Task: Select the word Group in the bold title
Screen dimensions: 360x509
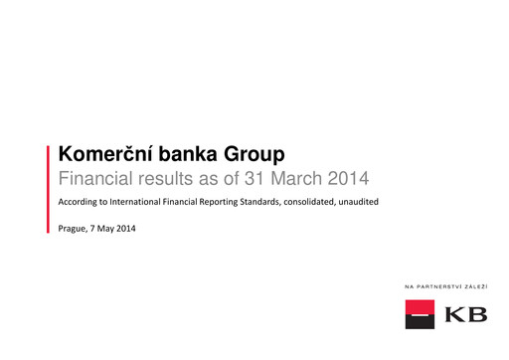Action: (x=256, y=154)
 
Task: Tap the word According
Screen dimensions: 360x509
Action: (x=81, y=203)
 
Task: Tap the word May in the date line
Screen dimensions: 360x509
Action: (x=111, y=229)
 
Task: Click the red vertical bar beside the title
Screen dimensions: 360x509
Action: (x=49, y=187)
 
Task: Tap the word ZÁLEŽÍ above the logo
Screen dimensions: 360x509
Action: (x=484, y=286)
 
